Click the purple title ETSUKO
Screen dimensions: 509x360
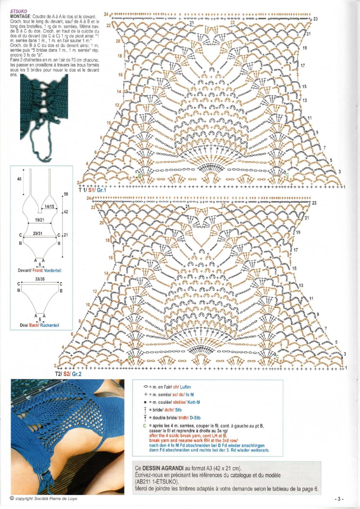pyautogui.click(x=19, y=11)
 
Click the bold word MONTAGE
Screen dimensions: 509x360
pyautogui.click(x=20, y=17)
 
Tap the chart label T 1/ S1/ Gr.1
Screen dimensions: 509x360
pyautogui.click(x=93, y=190)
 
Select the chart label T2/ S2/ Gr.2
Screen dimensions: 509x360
pyautogui.click(x=68, y=374)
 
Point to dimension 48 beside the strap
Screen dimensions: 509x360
pyautogui.click(x=19, y=179)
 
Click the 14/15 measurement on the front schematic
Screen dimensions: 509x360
pyautogui.click(x=49, y=206)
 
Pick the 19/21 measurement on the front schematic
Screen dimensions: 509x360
pyautogui.click(x=39, y=220)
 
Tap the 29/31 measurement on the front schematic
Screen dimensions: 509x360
pyautogui.click(x=37, y=233)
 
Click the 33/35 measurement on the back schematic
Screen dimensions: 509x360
pyautogui.click(x=40, y=279)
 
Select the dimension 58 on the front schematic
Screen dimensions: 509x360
pyautogui.click(x=66, y=194)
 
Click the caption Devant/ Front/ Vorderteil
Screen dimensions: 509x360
pyautogui.click(x=39, y=270)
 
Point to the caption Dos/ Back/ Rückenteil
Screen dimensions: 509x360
pyautogui.click(x=39, y=325)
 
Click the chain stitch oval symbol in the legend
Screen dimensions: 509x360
pyautogui.click(x=146, y=387)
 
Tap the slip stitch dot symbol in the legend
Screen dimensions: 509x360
pyautogui.click(x=146, y=402)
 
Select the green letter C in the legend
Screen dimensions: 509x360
pyautogui.click(x=145, y=426)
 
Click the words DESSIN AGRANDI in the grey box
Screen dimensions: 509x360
pyautogui.click(x=163, y=468)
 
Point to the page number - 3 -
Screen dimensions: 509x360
pyautogui.click(x=339, y=499)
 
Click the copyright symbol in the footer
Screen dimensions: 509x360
pyautogui.click(x=12, y=498)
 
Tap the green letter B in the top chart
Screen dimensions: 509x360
pyautogui.click(x=139, y=176)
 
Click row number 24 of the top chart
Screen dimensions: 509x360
pyautogui.click(x=106, y=14)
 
